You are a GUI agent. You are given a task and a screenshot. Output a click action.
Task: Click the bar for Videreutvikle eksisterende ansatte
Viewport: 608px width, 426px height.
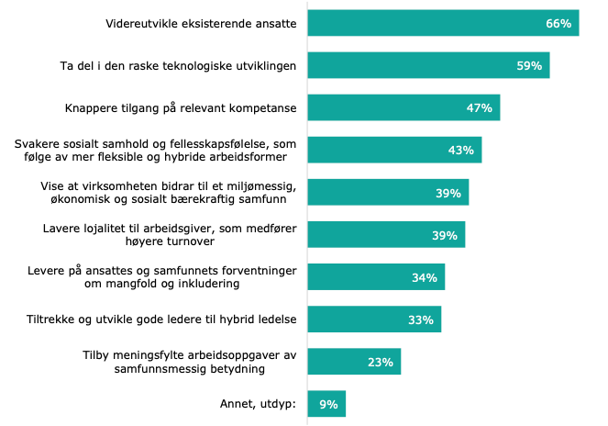[x=443, y=23]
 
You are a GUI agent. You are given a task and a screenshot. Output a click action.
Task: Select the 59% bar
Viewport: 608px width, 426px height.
[x=428, y=65]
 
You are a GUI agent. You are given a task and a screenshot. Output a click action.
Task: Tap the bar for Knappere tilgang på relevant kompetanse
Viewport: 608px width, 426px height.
[x=403, y=107]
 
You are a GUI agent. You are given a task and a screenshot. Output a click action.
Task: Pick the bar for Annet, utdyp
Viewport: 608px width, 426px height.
[x=326, y=404]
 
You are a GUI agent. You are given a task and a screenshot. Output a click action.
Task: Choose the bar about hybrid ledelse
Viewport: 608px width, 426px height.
[x=374, y=319]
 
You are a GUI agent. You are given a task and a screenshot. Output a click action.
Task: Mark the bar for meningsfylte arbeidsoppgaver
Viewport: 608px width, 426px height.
[x=354, y=362]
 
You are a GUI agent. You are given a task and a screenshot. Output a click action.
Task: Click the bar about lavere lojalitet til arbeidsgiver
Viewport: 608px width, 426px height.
[x=386, y=235]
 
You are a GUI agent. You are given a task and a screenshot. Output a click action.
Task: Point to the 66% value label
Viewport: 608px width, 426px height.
[x=558, y=23]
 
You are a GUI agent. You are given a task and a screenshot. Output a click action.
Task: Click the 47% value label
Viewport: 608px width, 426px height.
[x=480, y=108]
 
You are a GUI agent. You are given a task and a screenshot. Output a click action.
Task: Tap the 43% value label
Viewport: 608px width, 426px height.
[x=461, y=151]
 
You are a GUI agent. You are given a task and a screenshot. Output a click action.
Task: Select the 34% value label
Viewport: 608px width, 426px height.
[x=424, y=277]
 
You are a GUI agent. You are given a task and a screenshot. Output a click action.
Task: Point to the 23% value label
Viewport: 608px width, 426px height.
[x=381, y=363]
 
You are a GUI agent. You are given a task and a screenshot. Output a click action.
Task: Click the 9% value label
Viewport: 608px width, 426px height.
[x=328, y=405]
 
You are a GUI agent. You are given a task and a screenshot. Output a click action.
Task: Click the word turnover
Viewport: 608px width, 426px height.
[x=267, y=241]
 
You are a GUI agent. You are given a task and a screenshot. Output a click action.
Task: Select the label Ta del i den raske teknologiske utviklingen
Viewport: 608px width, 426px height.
[x=177, y=65]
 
